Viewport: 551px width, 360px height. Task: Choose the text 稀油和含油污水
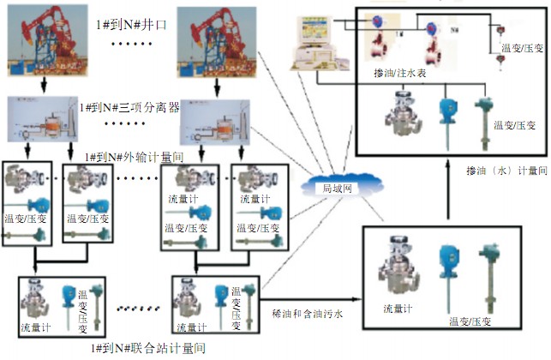307,314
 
